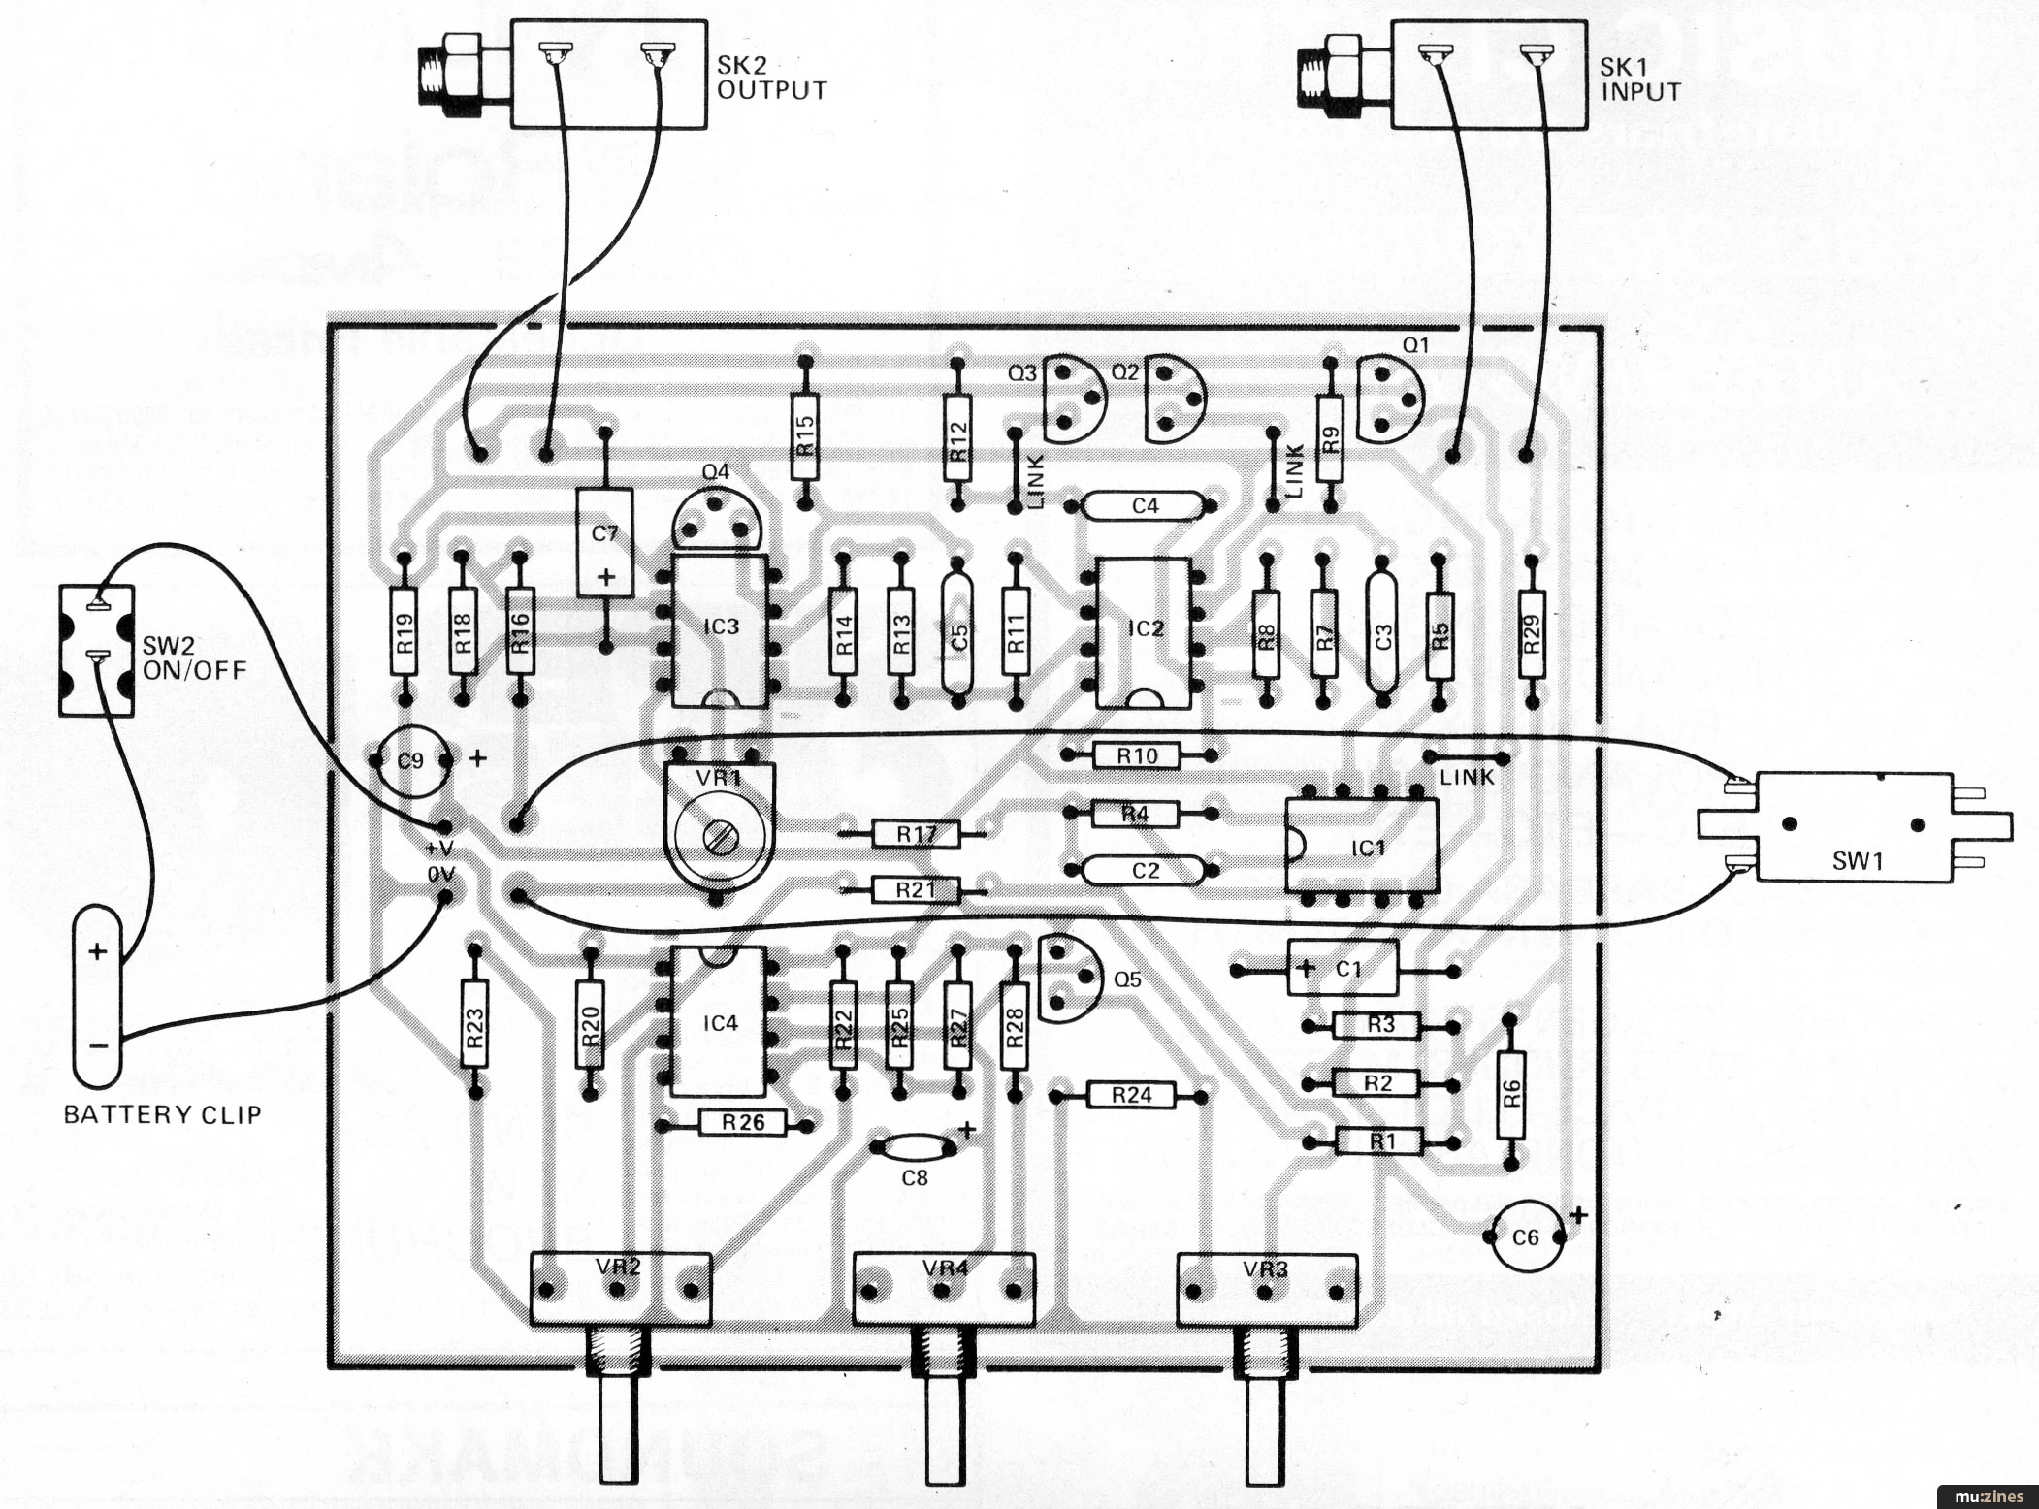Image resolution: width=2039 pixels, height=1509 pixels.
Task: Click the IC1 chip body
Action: coord(1362,847)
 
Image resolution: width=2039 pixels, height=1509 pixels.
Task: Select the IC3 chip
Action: coord(721,628)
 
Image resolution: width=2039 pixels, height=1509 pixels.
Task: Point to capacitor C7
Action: coord(604,543)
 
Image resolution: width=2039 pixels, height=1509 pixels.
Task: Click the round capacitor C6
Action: coord(1525,1236)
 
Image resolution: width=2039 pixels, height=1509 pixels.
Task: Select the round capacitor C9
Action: coord(411,761)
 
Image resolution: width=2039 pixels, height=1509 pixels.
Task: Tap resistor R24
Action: coord(1131,1096)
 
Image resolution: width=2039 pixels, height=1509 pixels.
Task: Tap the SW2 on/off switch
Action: coord(96,650)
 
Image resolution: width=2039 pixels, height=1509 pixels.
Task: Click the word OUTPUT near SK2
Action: coord(771,91)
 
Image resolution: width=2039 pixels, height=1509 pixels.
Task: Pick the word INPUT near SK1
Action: coord(1640,93)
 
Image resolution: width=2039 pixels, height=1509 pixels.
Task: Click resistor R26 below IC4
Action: coord(742,1123)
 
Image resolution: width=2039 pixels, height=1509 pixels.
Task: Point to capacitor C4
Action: coord(1145,505)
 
